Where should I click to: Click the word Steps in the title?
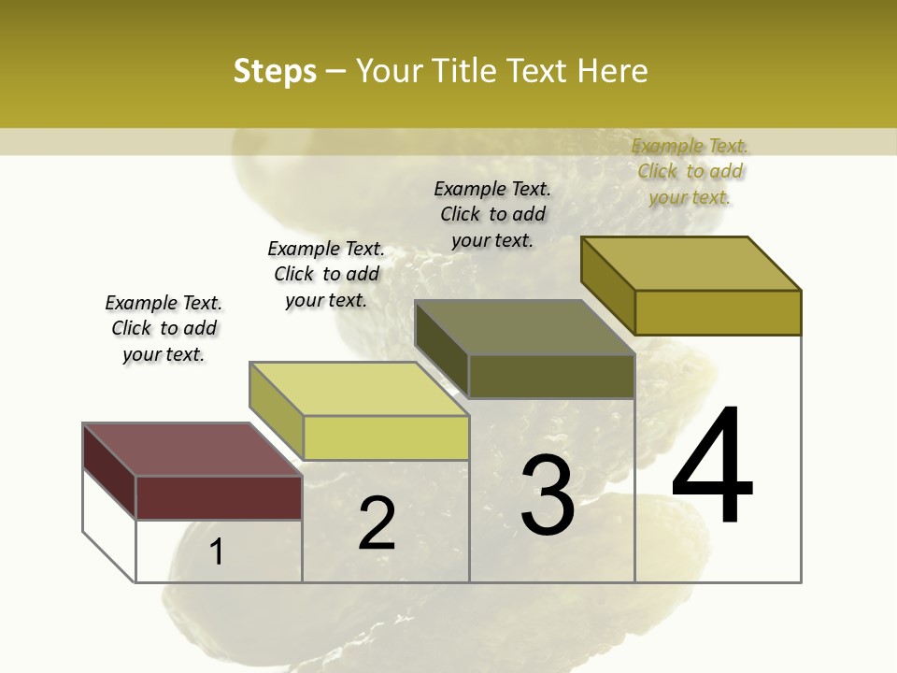(275, 71)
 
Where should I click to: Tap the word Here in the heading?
(612, 71)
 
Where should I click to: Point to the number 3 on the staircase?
(547, 495)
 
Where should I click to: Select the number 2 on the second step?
(377, 523)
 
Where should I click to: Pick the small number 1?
(217, 552)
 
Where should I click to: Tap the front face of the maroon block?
(219, 497)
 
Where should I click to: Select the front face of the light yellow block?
(386, 437)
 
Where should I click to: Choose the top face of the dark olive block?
(524, 327)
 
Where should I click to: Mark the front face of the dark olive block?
(551, 376)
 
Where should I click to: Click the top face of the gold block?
(691, 264)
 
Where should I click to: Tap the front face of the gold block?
(718, 312)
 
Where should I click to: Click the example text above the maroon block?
(164, 329)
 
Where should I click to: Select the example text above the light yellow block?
(326, 274)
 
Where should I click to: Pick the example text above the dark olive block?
(492, 214)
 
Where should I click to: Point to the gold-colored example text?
(690, 171)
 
